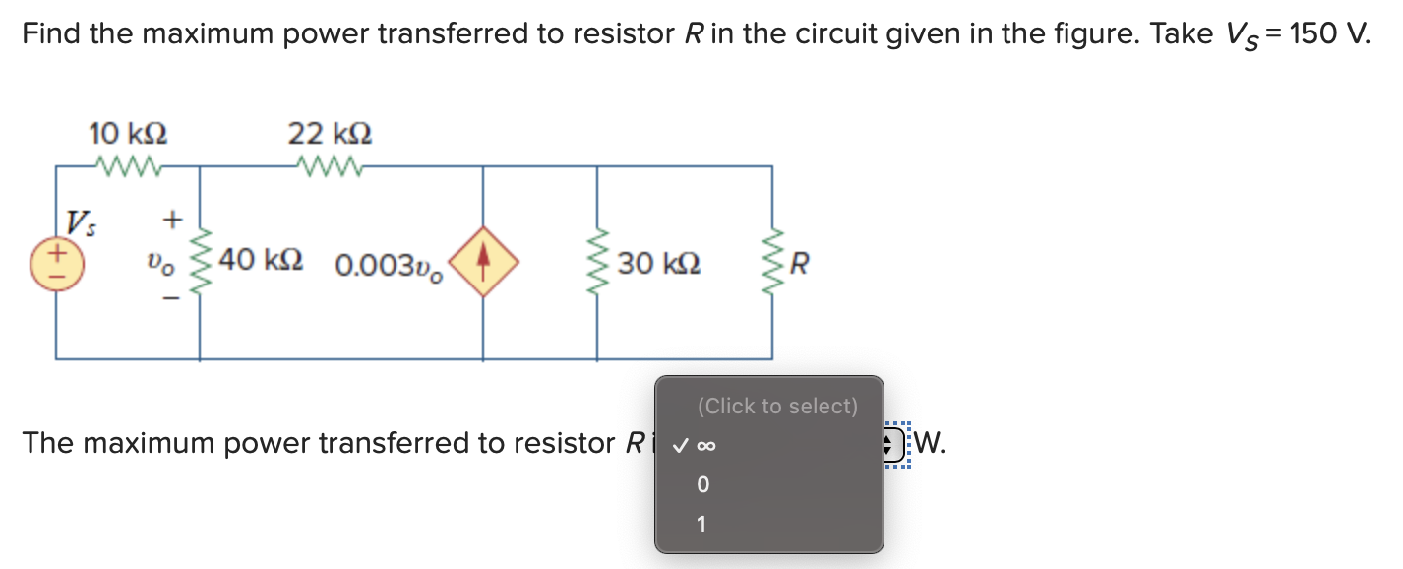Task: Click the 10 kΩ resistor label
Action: coord(127,132)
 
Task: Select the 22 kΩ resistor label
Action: coord(330,132)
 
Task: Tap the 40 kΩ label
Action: coord(260,262)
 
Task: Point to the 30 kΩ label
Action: coord(658,264)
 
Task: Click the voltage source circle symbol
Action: coord(56,263)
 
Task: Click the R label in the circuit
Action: coord(800,264)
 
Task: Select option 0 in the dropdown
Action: coord(702,485)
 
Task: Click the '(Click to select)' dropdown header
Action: coord(776,406)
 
